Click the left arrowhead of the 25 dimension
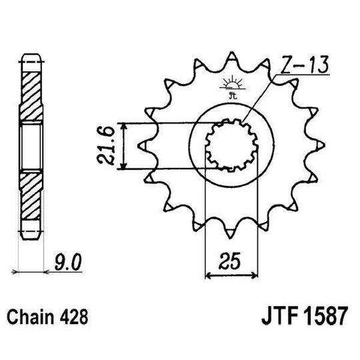[208, 273]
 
